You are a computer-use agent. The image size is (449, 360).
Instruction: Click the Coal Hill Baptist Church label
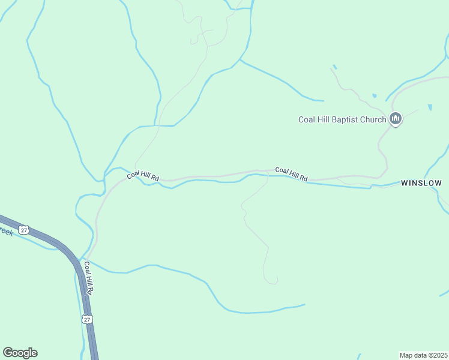tap(342, 119)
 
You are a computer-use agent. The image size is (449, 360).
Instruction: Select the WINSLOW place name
tap(421, 183)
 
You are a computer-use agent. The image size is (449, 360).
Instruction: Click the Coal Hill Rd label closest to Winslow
tap(291, 174)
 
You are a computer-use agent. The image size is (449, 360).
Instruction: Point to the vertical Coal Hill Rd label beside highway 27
tap(89, 277)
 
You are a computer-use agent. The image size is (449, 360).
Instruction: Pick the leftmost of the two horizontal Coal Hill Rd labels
tap(143, 177)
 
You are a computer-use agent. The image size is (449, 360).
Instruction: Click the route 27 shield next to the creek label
tap(23, 230)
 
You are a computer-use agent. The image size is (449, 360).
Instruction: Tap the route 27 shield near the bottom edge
tap(88, 320)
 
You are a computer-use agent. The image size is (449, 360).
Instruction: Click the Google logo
tap(20, 353)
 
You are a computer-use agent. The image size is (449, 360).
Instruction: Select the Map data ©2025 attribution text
tap(424, 355)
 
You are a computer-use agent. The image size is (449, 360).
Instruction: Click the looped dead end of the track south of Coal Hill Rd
tap(273, 281)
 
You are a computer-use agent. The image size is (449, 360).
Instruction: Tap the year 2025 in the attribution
tap(439, 355)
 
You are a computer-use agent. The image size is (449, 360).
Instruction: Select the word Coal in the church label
tap(307, 119)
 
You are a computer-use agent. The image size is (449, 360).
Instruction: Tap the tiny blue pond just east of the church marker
tap(430, 107)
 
